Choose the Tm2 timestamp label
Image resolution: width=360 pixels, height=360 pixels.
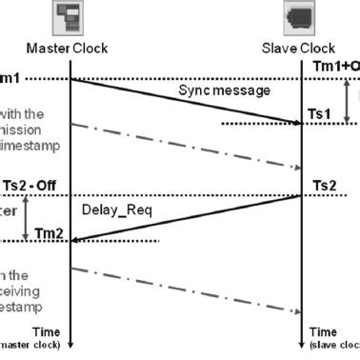click(49, 234)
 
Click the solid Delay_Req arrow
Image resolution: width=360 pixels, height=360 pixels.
click(186, 219)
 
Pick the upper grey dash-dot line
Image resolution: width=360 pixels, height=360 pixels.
click(186, 146)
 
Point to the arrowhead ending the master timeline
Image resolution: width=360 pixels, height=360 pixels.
click(71, 344)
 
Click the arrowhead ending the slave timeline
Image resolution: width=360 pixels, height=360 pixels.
click(302, 344)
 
